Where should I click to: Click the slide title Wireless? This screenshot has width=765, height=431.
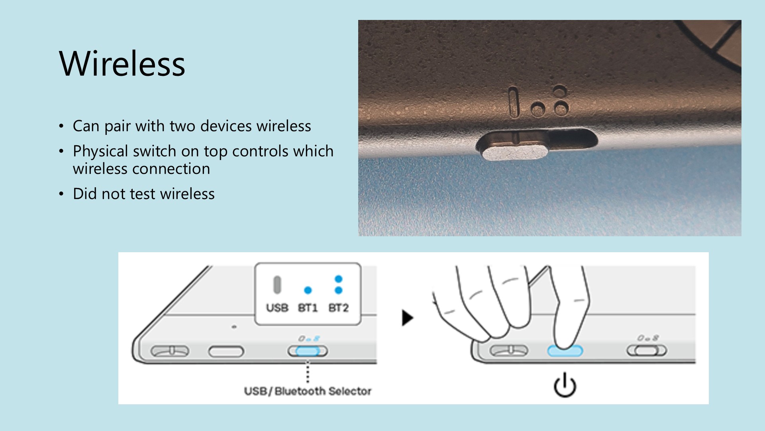pyautogui.click(x=122, y=64)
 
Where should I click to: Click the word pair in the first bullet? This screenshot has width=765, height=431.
pyautogui.click(x=118, y=127)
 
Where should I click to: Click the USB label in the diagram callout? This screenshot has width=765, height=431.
pyautogui.click(x=277, y=308)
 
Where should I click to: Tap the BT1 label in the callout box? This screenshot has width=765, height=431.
pyautogui.click(x=308, y=308)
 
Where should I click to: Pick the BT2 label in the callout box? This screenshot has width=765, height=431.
pyautogui.click(x=338, y=308)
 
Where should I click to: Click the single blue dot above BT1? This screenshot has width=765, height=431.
pyautogui.click(x=308, y=290)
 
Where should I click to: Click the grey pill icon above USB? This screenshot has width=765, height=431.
pyautogui.click(x=277, y=285)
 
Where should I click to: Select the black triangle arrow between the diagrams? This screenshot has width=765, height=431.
pyautogui.click(x=407, y=318)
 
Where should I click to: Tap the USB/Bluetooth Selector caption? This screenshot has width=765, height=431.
pyautogui.click(x=308, y=391)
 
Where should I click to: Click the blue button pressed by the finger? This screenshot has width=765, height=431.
pyautogui.click(x=565, y=351)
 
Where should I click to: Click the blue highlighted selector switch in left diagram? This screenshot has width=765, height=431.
pyautogui.click(x=308, y=351)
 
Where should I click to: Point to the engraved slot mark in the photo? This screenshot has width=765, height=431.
pyautogui.click(x=514, y=102)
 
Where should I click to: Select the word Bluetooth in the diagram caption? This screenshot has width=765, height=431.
pyautogui.click(x=300, y=391)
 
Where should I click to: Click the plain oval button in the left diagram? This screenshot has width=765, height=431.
pyautogui.click(x=226, y=352)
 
